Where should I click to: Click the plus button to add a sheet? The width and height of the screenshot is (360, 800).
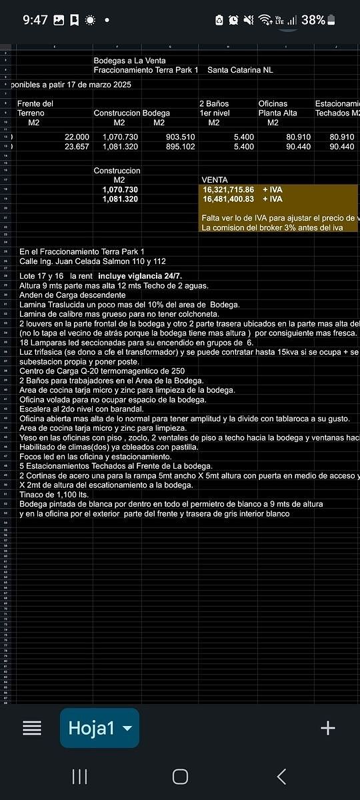click(327, 728)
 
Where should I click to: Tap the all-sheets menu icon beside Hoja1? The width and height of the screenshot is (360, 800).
click(32, 728)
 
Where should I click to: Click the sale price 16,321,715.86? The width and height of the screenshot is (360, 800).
click(229, 190)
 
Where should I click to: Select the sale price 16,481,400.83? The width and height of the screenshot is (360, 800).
click(229, 199)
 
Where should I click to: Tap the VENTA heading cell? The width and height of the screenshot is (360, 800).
click(214, 180)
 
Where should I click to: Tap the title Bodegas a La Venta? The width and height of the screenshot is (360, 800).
click(129, 61)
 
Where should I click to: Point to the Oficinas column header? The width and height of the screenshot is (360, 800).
click(273, 104)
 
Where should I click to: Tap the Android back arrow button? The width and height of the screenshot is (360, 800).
click(281, 776)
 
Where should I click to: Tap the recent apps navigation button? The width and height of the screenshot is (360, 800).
click(79, 776)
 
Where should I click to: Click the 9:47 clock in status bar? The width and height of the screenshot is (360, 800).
click(35, 20)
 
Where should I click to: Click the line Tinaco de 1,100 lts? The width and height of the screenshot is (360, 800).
click(54, 495)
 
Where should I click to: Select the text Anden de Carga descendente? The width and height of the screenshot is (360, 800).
click(72, 295)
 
